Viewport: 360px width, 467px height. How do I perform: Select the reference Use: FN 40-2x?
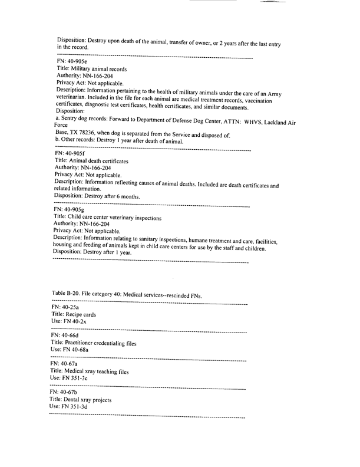point(70,323)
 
